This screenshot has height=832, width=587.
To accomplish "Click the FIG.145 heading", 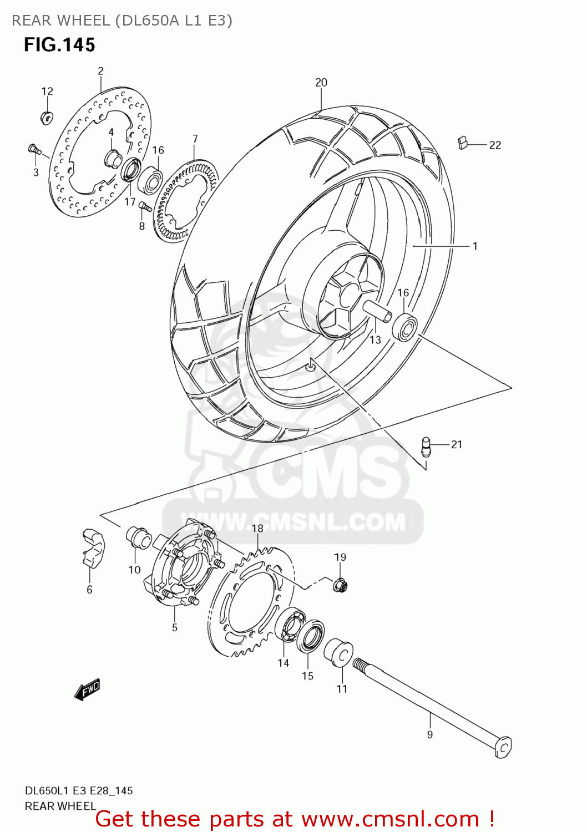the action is pyautogui.click(x=59, y=45).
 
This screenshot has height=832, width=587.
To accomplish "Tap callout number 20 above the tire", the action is pyautogui.click(x=321, y=83).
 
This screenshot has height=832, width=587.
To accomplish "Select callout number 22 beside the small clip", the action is pyautogui.click(x=495, y=145).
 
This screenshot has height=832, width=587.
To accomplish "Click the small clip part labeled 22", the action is pyautogui.click(x=462, y=143).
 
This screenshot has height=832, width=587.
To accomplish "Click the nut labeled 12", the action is pyautogui.click(x=47, y=117).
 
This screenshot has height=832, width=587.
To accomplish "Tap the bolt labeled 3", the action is pyautogui.click(x=34, y=149).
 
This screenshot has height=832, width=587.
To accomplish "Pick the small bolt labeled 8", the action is pyautogui.click(x=145, y=206).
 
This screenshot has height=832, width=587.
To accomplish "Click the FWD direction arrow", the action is pyautogui.click(x=87, y=689).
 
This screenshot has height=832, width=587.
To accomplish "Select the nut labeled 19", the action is pyautogui.click(x=340, y=584).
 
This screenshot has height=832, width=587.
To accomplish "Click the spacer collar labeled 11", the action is pyautogui.click(x=338, y=652).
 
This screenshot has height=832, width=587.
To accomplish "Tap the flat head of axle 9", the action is pyautogui.click(x=503, y=747).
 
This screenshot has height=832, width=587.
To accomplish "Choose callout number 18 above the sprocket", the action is pyautogui.click(x=257, y=529).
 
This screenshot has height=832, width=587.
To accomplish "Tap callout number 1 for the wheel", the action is pyautogui.click(x=475, y=246).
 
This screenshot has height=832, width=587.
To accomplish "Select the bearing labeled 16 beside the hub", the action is pyautogui.click(x=405, y=326).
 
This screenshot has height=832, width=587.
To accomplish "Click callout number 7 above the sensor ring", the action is pyautogui.click(x=195, y=139).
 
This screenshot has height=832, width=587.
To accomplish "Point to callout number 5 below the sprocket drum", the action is pyautogui.click(x=175, y=628).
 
